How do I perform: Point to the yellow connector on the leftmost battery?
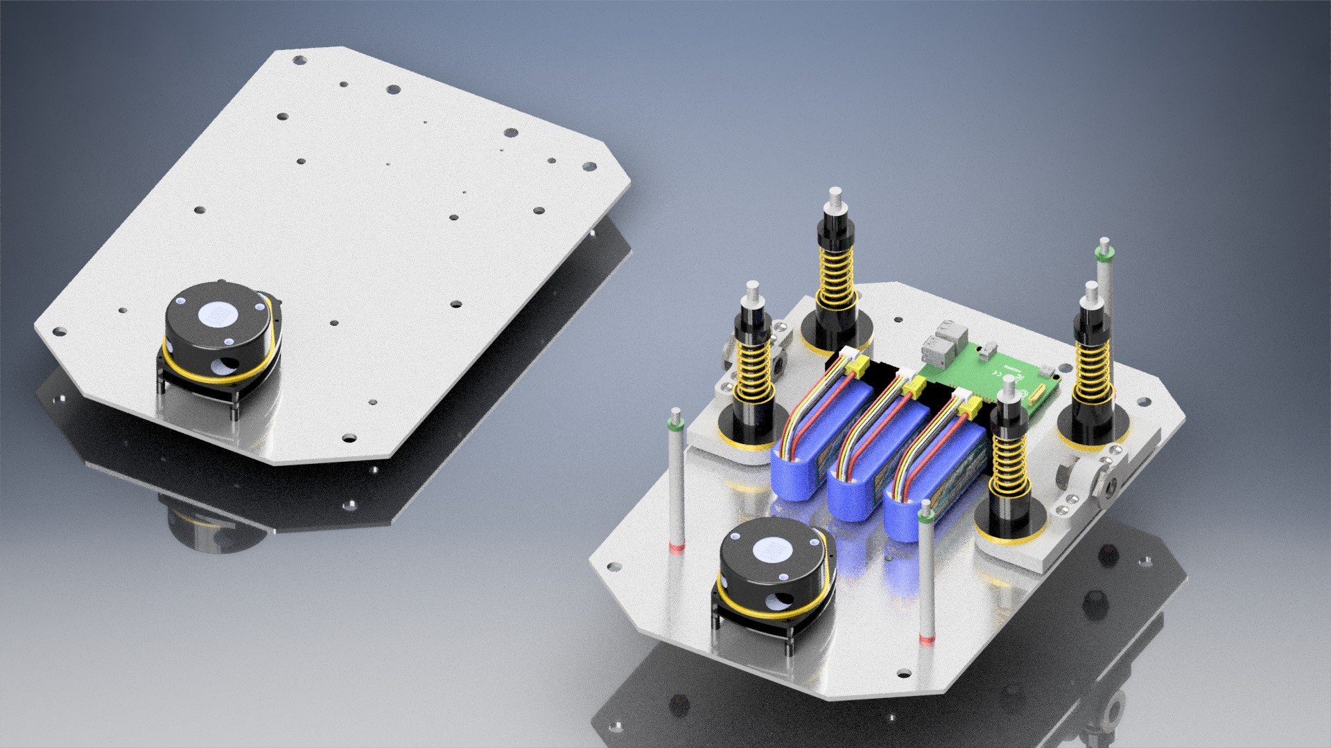point(857,371)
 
